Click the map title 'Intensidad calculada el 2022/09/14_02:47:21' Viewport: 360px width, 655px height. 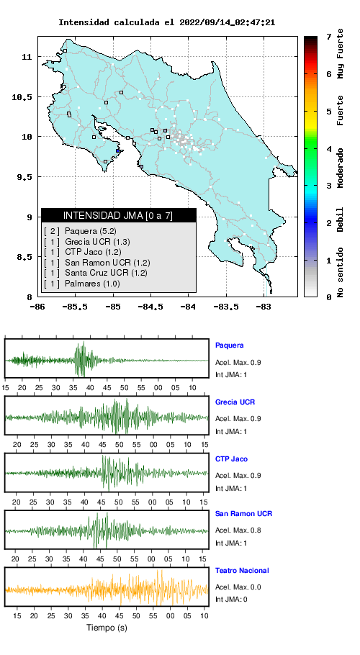click(166, 22)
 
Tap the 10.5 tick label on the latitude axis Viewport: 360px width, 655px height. click(22, 97)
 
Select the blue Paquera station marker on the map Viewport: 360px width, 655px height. click(118, 151)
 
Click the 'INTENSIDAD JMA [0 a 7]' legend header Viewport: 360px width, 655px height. click(118, 215)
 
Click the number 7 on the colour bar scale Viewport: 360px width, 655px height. click(330, 37)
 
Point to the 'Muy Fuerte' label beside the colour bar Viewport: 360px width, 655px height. click(341, 54)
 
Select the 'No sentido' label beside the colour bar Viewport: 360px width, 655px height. click(341, 272)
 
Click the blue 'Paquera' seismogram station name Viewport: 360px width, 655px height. click(229, 345)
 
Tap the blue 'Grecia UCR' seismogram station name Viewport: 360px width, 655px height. click(235, 402)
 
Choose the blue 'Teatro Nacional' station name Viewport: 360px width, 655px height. click(242, 570)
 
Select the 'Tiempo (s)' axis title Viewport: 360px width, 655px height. click(107, 628)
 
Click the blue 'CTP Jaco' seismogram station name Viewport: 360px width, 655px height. click(231, 459)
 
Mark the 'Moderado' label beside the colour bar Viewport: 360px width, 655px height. click(341, 168)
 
